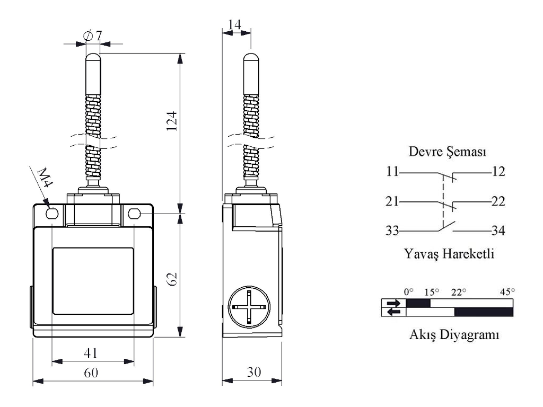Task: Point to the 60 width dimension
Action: [92, 373]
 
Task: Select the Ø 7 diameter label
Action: [93, 36]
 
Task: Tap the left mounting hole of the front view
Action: [52, 214]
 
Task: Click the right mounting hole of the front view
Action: [134, 214]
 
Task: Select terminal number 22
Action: [498, 201]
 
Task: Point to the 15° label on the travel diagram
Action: [432, 291]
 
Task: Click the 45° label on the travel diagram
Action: [507, 291]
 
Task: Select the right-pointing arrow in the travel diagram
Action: [394, 304]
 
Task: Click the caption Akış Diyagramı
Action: [448, 335]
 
